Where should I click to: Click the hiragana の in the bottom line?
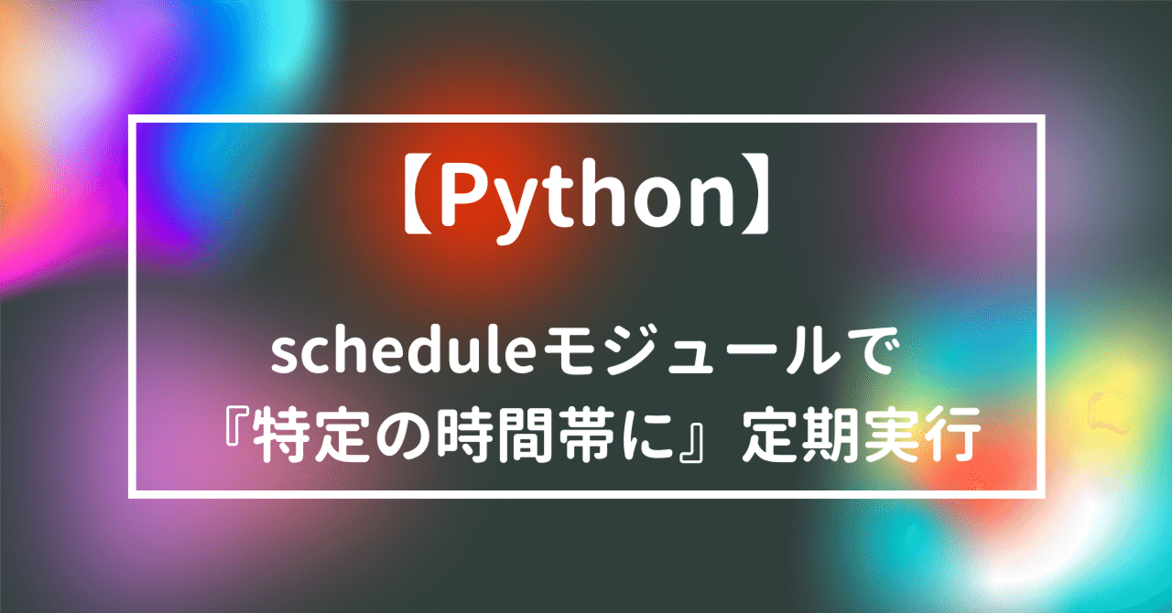[x=396, y=437]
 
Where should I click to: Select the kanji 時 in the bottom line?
[x=455, y=436]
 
